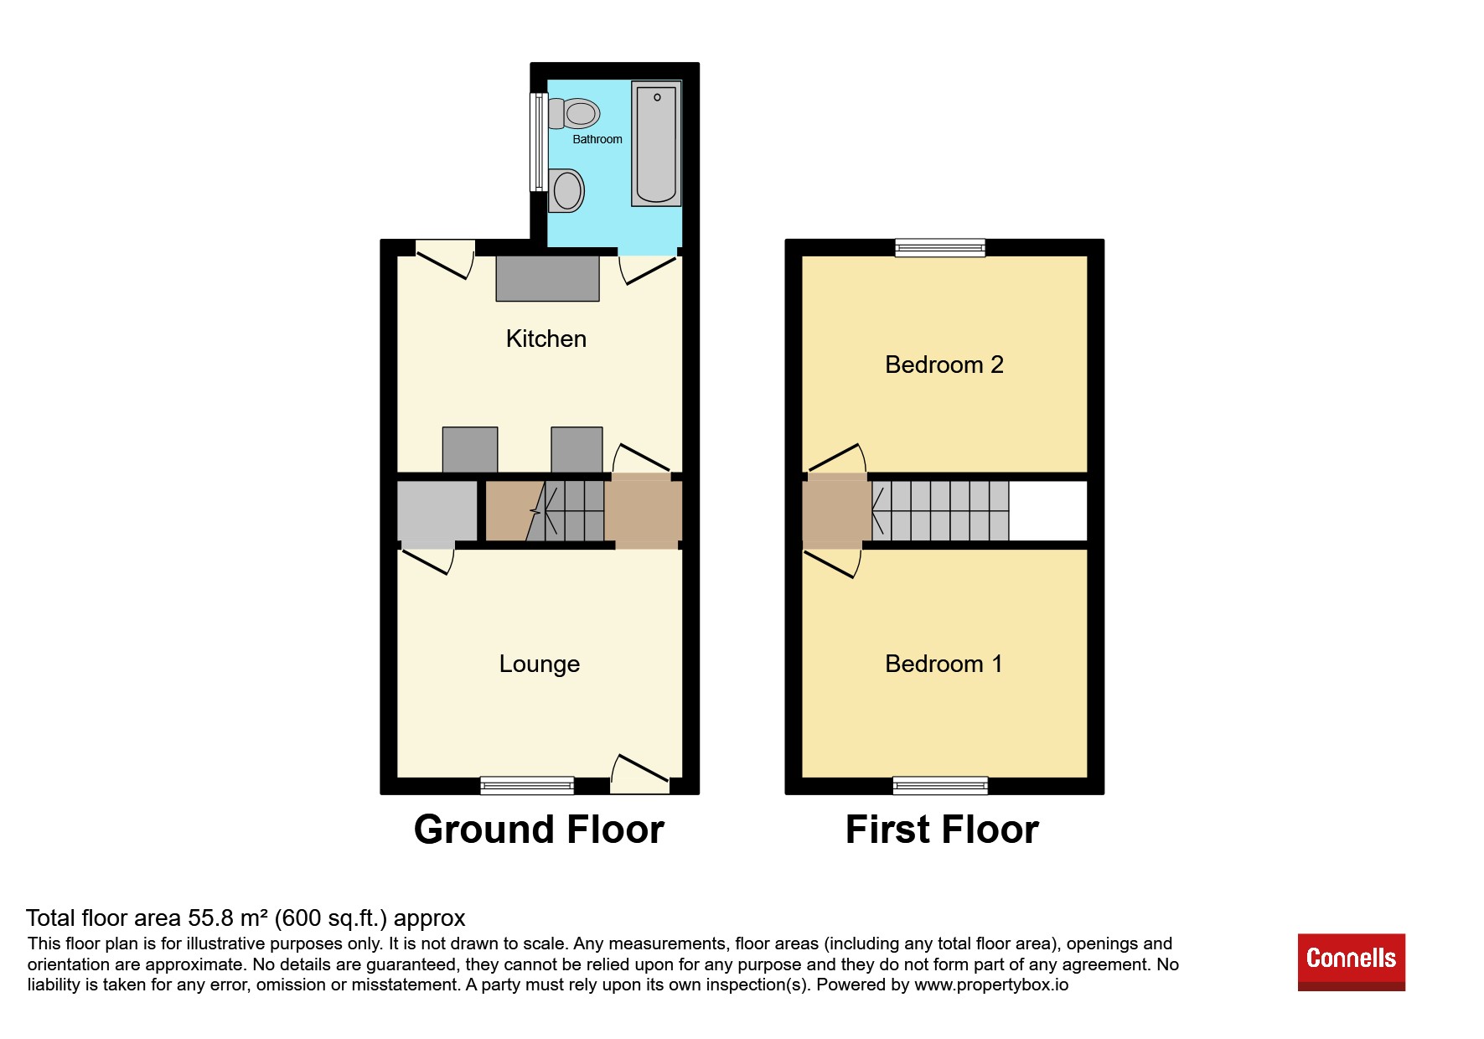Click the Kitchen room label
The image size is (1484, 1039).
546,339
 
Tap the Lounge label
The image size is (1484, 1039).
539,664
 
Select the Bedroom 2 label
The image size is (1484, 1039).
944,364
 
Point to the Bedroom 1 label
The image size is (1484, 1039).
944,664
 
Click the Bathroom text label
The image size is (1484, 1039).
597,139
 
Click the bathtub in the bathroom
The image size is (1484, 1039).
656,143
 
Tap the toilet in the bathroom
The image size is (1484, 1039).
574,113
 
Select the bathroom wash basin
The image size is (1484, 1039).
566,189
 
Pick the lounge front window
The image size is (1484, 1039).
527,785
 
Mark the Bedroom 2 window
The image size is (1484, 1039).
939,247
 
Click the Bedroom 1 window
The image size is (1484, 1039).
940,785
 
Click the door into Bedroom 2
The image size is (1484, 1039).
836,458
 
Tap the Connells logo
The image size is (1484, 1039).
1351,962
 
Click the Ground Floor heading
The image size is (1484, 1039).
539,830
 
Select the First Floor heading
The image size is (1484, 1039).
942,830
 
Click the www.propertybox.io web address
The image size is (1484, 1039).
991,985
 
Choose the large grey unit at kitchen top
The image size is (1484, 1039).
547,278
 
